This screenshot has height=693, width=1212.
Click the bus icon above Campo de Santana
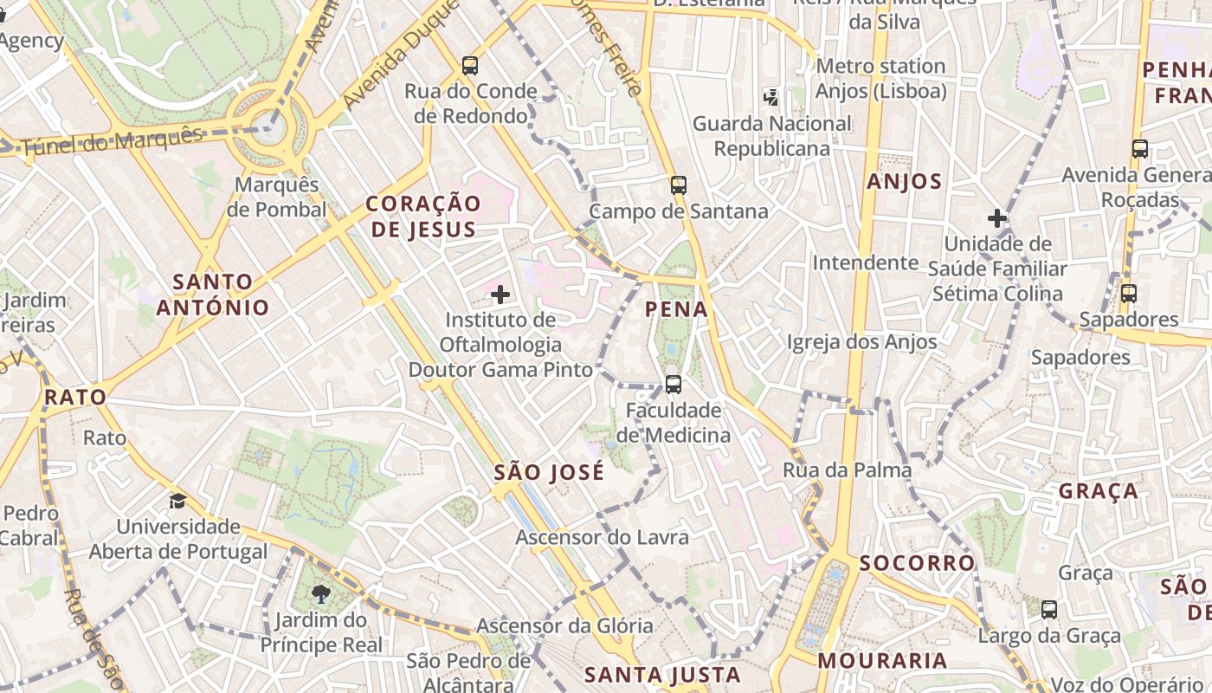click(678, 185)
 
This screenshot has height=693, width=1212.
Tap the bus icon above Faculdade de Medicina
click(673, 384)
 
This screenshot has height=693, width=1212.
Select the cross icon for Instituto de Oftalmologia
click(500, 295)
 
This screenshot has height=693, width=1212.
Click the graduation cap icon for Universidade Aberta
click(177, 501)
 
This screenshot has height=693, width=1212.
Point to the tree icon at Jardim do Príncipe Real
click(321, 593)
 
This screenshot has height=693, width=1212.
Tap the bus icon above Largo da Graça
click(1048, 609)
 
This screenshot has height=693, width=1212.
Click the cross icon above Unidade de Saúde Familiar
click(997, 218)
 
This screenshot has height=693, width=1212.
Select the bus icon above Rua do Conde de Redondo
click(469, 65)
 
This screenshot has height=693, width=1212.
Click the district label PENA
click(676, 309)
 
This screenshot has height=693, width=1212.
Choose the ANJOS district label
click(904, 182)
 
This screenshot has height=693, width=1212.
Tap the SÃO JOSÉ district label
click(549, 473)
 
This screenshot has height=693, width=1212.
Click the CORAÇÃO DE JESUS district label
click(422, 217)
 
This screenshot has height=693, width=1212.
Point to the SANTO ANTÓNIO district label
click(213, 295)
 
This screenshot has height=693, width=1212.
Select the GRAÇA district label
click(1098, 491)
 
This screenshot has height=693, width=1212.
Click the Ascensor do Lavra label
click(602, 537)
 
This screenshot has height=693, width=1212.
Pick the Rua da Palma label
click(847, 470)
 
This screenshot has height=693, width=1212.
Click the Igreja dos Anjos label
click(861, 342)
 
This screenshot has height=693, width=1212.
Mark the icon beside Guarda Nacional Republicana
click(770, 97)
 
